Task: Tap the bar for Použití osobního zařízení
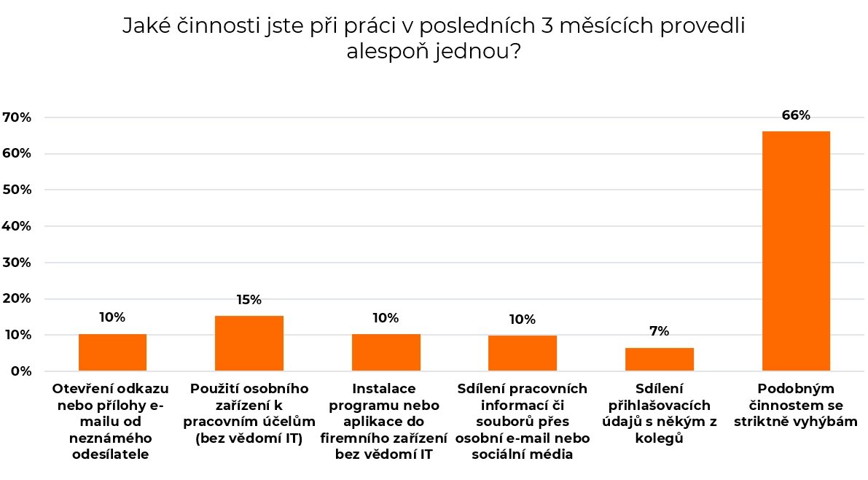tap(249, 343)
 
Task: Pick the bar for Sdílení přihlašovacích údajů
tap(660, 359)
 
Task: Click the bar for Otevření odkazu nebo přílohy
tap(112, 352)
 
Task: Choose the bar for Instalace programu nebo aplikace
tap(386, 352)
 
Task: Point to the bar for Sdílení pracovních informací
tap(523, 353)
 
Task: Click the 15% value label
tap(249, 300)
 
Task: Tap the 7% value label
tap(659, 332)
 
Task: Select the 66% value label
tap(796, 115)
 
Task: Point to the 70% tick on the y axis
tap(17, 117)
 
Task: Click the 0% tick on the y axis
tap(20, 371)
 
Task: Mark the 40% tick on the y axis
tap(17, 226)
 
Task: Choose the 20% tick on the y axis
tap(17, 298)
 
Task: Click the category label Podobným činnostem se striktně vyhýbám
tap(796, 405)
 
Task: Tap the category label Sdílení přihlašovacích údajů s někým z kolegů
tap(659, 414)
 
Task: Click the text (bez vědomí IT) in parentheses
tap(249, 438)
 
